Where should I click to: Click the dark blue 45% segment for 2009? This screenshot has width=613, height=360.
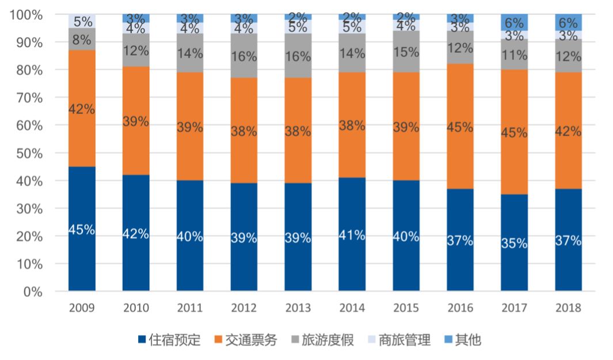pyautogui.click(x=82, y=229)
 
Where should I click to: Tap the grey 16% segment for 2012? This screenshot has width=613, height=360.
pyautogui.click(x=244, y=56)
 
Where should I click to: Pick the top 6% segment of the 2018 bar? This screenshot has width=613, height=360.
pyautogui.click(x=569, y=22)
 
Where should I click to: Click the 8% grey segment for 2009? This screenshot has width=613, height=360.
pyautogui.click(x=82, y=39)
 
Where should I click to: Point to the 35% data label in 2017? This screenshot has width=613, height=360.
pyautogui.click(x=515, y=243)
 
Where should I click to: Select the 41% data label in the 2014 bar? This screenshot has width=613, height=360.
pyautogui.click(x=352, y=235)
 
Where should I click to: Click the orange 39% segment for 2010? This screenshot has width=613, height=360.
pyautogui.click(x=136, y=122)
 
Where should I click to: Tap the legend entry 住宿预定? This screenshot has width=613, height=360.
pyautogui.click(x=169, y=340)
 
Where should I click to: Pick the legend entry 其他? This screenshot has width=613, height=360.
pyautogui.click(x=462, y=340)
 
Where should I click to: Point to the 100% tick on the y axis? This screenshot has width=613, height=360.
pyautogui.click(x=28, y=15)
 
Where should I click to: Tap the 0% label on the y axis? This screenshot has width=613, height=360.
pyautogui.click(x=35, y=291)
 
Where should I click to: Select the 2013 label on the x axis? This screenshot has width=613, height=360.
pyautogui.click(x=298, y=308)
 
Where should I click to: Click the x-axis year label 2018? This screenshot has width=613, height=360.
pyautogui.click(x=569, y=308)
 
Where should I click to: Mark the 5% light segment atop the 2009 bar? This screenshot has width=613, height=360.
pyautogui.click(x=82, y=21)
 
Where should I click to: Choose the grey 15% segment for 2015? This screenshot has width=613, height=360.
pyautogui.click(x=406, y=51)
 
